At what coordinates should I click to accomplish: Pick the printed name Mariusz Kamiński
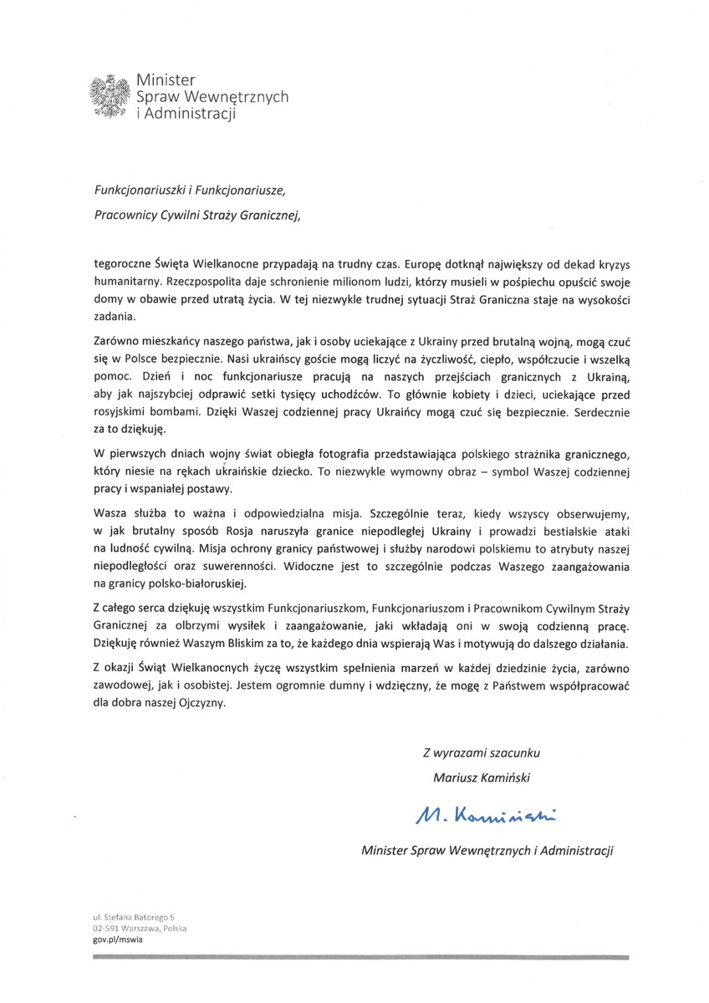[x=482, y=776]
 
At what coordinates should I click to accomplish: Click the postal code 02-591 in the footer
[x=108, y=929]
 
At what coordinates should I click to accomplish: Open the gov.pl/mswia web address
[x=117, y=940]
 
